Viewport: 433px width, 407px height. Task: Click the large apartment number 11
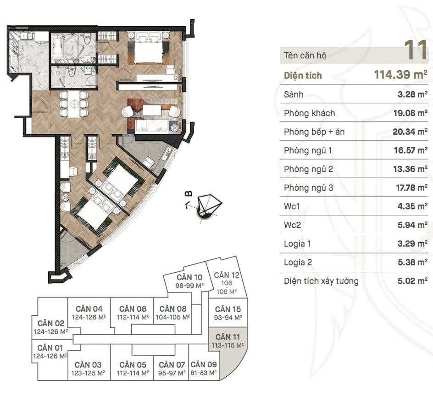pos(416,50)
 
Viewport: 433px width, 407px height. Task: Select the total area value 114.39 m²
pos(401,75)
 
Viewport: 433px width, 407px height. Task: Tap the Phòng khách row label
pos(309,113)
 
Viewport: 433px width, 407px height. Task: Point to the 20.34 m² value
pos(410,132)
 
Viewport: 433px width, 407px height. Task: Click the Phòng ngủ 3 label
pos(308,188)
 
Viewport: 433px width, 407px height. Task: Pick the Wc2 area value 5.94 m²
pos(412,225)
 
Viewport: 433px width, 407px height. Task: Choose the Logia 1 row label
pos(297,244)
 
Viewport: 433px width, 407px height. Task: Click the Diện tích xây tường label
pos(321,281)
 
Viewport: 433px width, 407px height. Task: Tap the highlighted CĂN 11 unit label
pos(228,341)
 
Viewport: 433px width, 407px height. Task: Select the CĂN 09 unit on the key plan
pos(204,368)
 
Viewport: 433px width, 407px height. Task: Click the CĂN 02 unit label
pos(51,327)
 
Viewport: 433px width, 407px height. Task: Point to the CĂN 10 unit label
pos(189,281)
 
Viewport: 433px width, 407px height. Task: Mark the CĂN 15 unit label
pos(228,313)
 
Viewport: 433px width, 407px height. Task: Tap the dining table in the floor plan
pos(74,104)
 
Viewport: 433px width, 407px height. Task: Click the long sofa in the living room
pos(151,126)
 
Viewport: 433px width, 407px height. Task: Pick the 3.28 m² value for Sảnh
pos(412,94)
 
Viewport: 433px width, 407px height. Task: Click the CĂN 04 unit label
pos(89,313)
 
